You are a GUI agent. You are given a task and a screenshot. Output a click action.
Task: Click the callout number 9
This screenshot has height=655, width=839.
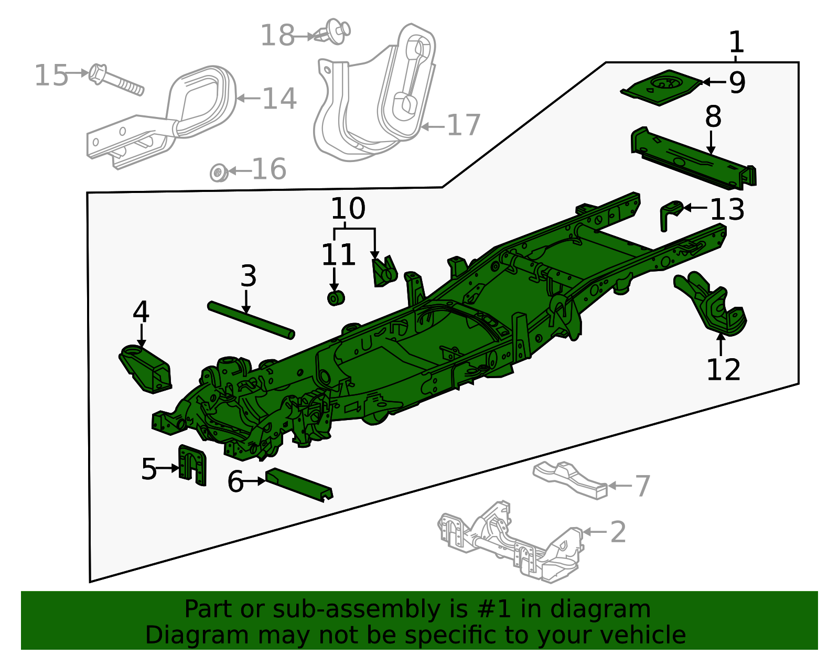737,82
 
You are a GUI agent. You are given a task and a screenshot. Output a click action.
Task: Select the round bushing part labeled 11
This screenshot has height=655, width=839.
335,298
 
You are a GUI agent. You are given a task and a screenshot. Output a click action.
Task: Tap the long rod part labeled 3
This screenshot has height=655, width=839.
251,320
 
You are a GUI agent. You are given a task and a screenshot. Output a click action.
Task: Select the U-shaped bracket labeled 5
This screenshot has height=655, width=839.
192,465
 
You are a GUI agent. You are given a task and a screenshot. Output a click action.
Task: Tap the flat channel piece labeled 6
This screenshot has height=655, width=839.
299,485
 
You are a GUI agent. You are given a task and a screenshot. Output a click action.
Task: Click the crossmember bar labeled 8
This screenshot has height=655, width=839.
692,157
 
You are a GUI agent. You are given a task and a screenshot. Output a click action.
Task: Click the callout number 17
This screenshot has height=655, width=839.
464,125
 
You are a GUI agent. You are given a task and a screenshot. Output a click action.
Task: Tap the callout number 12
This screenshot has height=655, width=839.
723,370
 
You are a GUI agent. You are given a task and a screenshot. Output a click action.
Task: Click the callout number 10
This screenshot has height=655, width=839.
348,209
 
